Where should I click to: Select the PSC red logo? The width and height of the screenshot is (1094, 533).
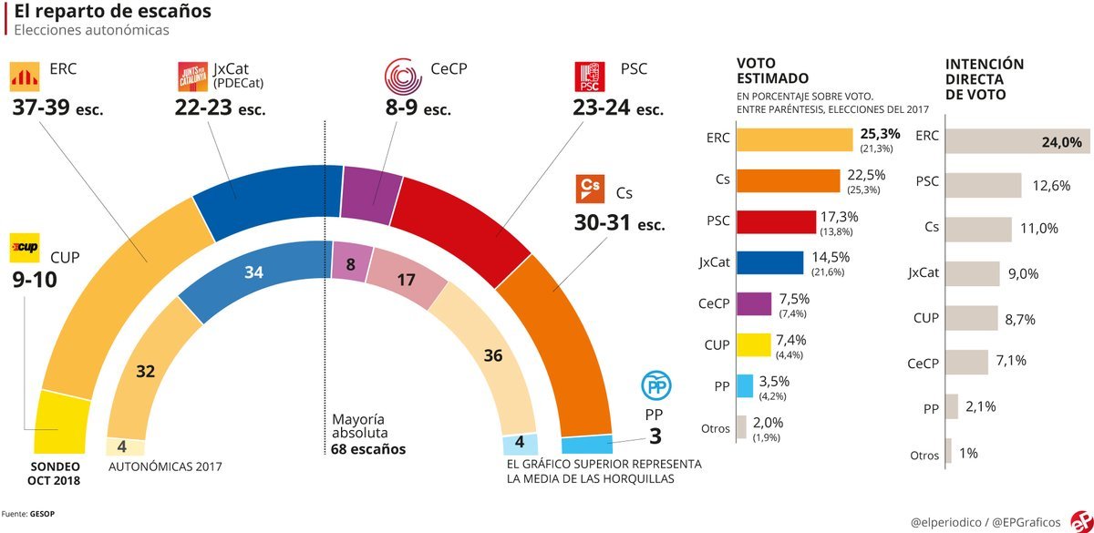[x=590, y=77]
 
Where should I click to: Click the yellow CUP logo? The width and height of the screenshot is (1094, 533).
[x=24, y=246]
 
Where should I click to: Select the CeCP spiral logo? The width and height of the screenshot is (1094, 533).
[x=402, y=77]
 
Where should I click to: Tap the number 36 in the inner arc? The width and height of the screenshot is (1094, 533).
[x=492, y=354]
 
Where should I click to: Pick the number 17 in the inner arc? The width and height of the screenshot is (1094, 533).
[x=406, y=281]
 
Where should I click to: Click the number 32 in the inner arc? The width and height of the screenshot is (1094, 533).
[x=145, y=371]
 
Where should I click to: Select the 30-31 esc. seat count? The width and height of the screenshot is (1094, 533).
[x=619, y=223]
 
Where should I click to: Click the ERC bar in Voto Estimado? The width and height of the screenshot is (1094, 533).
[x=793, y=138]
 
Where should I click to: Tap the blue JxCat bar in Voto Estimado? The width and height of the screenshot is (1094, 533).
[x=769, y=263]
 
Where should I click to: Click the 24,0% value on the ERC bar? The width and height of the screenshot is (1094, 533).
[x=1061, y=142]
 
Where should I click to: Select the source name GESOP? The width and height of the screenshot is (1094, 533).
[x=43, y=514]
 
